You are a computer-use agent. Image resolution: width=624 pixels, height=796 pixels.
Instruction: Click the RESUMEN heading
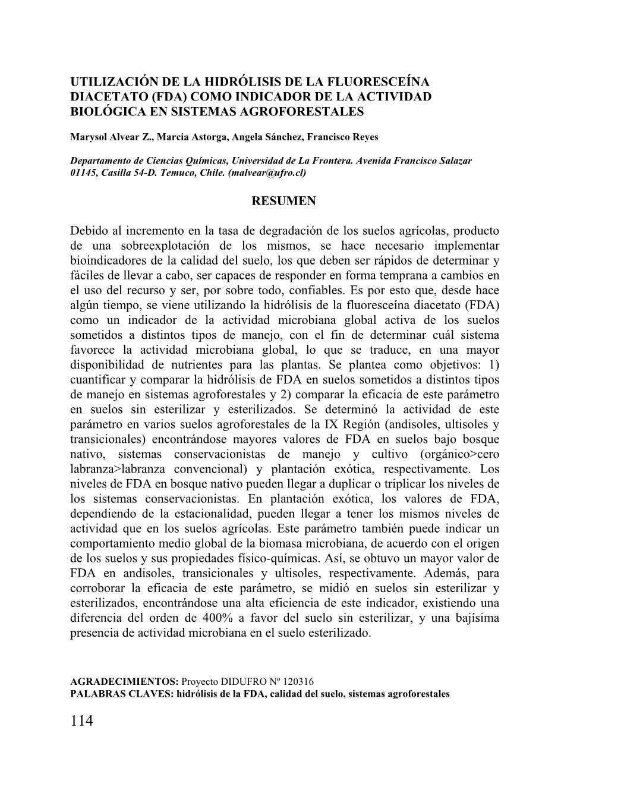tap(284, 201)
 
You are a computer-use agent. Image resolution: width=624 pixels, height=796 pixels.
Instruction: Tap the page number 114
tap(82, 721)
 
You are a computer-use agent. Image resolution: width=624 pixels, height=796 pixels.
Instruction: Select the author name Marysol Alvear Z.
tap(112, 137)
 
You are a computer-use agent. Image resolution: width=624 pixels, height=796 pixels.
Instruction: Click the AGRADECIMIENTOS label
tap(124, 681)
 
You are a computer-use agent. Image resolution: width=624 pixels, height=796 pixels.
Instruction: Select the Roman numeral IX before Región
tap(331, 424)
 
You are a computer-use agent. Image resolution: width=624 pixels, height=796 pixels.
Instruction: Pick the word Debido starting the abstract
tap(89, 231)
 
